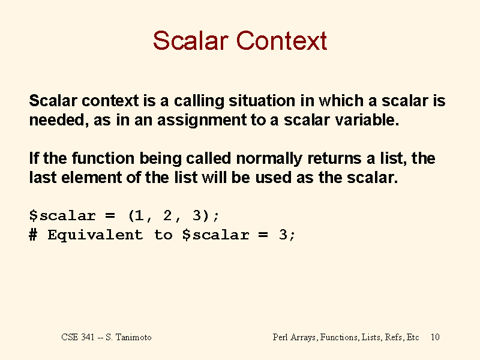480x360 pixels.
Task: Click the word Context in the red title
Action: tap(281, 40)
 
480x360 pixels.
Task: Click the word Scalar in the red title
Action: tap(190, 40)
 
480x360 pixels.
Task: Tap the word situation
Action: tap(262, 100)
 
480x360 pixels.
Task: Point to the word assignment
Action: tap(202, 121)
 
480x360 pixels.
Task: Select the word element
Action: tap(92, 177)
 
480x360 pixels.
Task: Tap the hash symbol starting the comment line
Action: tap(33, 235)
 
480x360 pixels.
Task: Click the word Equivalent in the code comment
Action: tap(95, 235)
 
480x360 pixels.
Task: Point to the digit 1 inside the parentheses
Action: tap(139, 215)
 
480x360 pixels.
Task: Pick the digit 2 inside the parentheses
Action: tap(167, 215)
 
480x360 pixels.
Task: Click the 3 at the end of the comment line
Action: tap(283, 235)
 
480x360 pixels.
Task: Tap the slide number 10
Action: tap(435, 337)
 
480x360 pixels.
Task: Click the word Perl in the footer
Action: tap(280, 337)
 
